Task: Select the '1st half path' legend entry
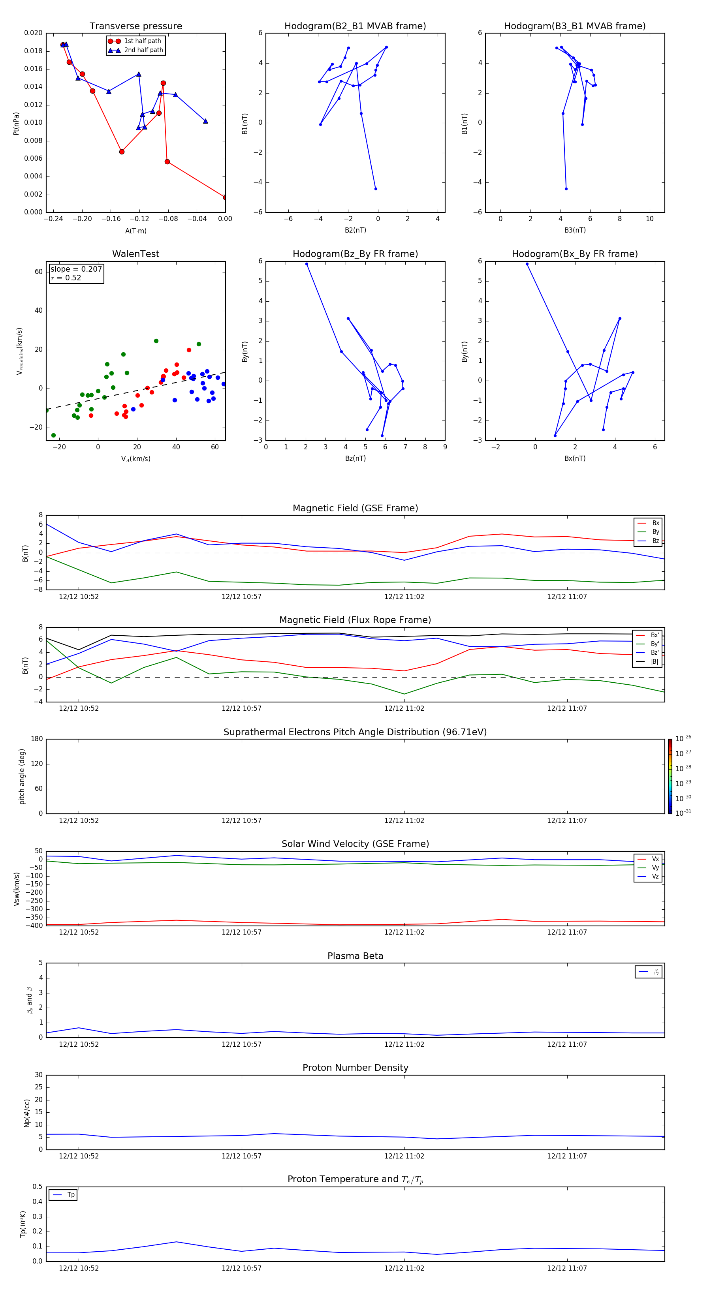click(x=142, y=41)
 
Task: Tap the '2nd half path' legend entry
click(x=143, y=50)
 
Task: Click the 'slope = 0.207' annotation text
click(x=76, y=269)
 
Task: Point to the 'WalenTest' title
click(x=135, y=254)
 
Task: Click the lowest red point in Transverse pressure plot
click(x=225, y=197)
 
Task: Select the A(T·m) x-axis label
click(x=135, y=231)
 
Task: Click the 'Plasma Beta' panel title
click(x=355, y=956)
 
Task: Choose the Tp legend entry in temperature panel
click(x=70, y=1195)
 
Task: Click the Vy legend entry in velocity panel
click(x=655, y=868)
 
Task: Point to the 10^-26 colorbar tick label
click(x=683, y=738)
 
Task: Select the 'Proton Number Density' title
click(x=355, y=1068)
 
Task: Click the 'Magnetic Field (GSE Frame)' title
click(x=355, y=508)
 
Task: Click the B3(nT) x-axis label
click(x=575, y=230)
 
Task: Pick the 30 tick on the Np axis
click(x=38, y=1075)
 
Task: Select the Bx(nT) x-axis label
click(x=575, y=458)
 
